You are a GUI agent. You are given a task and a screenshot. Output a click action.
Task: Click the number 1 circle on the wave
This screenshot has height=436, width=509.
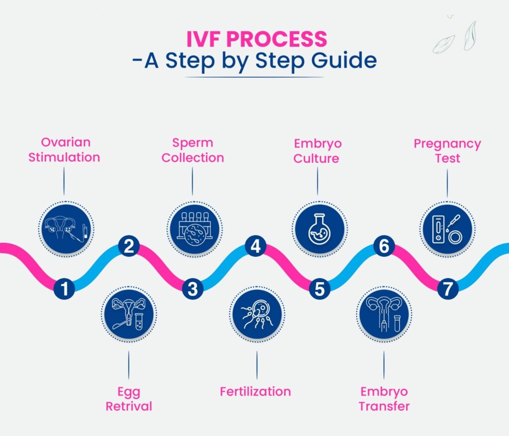coord(65,289)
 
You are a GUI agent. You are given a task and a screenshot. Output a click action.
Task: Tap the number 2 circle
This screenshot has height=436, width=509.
coord(129,247)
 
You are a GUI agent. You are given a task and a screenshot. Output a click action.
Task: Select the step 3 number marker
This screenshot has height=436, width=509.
coord(192,289)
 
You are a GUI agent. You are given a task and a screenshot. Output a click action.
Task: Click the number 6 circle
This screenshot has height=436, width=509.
coord(384,247)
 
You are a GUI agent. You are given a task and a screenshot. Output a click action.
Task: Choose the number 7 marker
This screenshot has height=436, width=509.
coord(448,289)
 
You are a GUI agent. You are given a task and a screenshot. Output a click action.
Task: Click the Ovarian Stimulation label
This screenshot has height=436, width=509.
coord(64,150)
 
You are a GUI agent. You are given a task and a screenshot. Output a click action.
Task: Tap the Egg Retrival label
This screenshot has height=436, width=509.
coord(129,399)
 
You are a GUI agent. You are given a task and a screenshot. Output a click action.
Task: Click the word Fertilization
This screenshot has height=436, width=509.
coord(255,391)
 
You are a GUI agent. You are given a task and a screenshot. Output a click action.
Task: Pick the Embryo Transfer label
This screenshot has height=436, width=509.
coord(384,399)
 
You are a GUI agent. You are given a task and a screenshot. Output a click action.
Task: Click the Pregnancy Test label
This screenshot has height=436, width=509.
coord(447,150)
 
